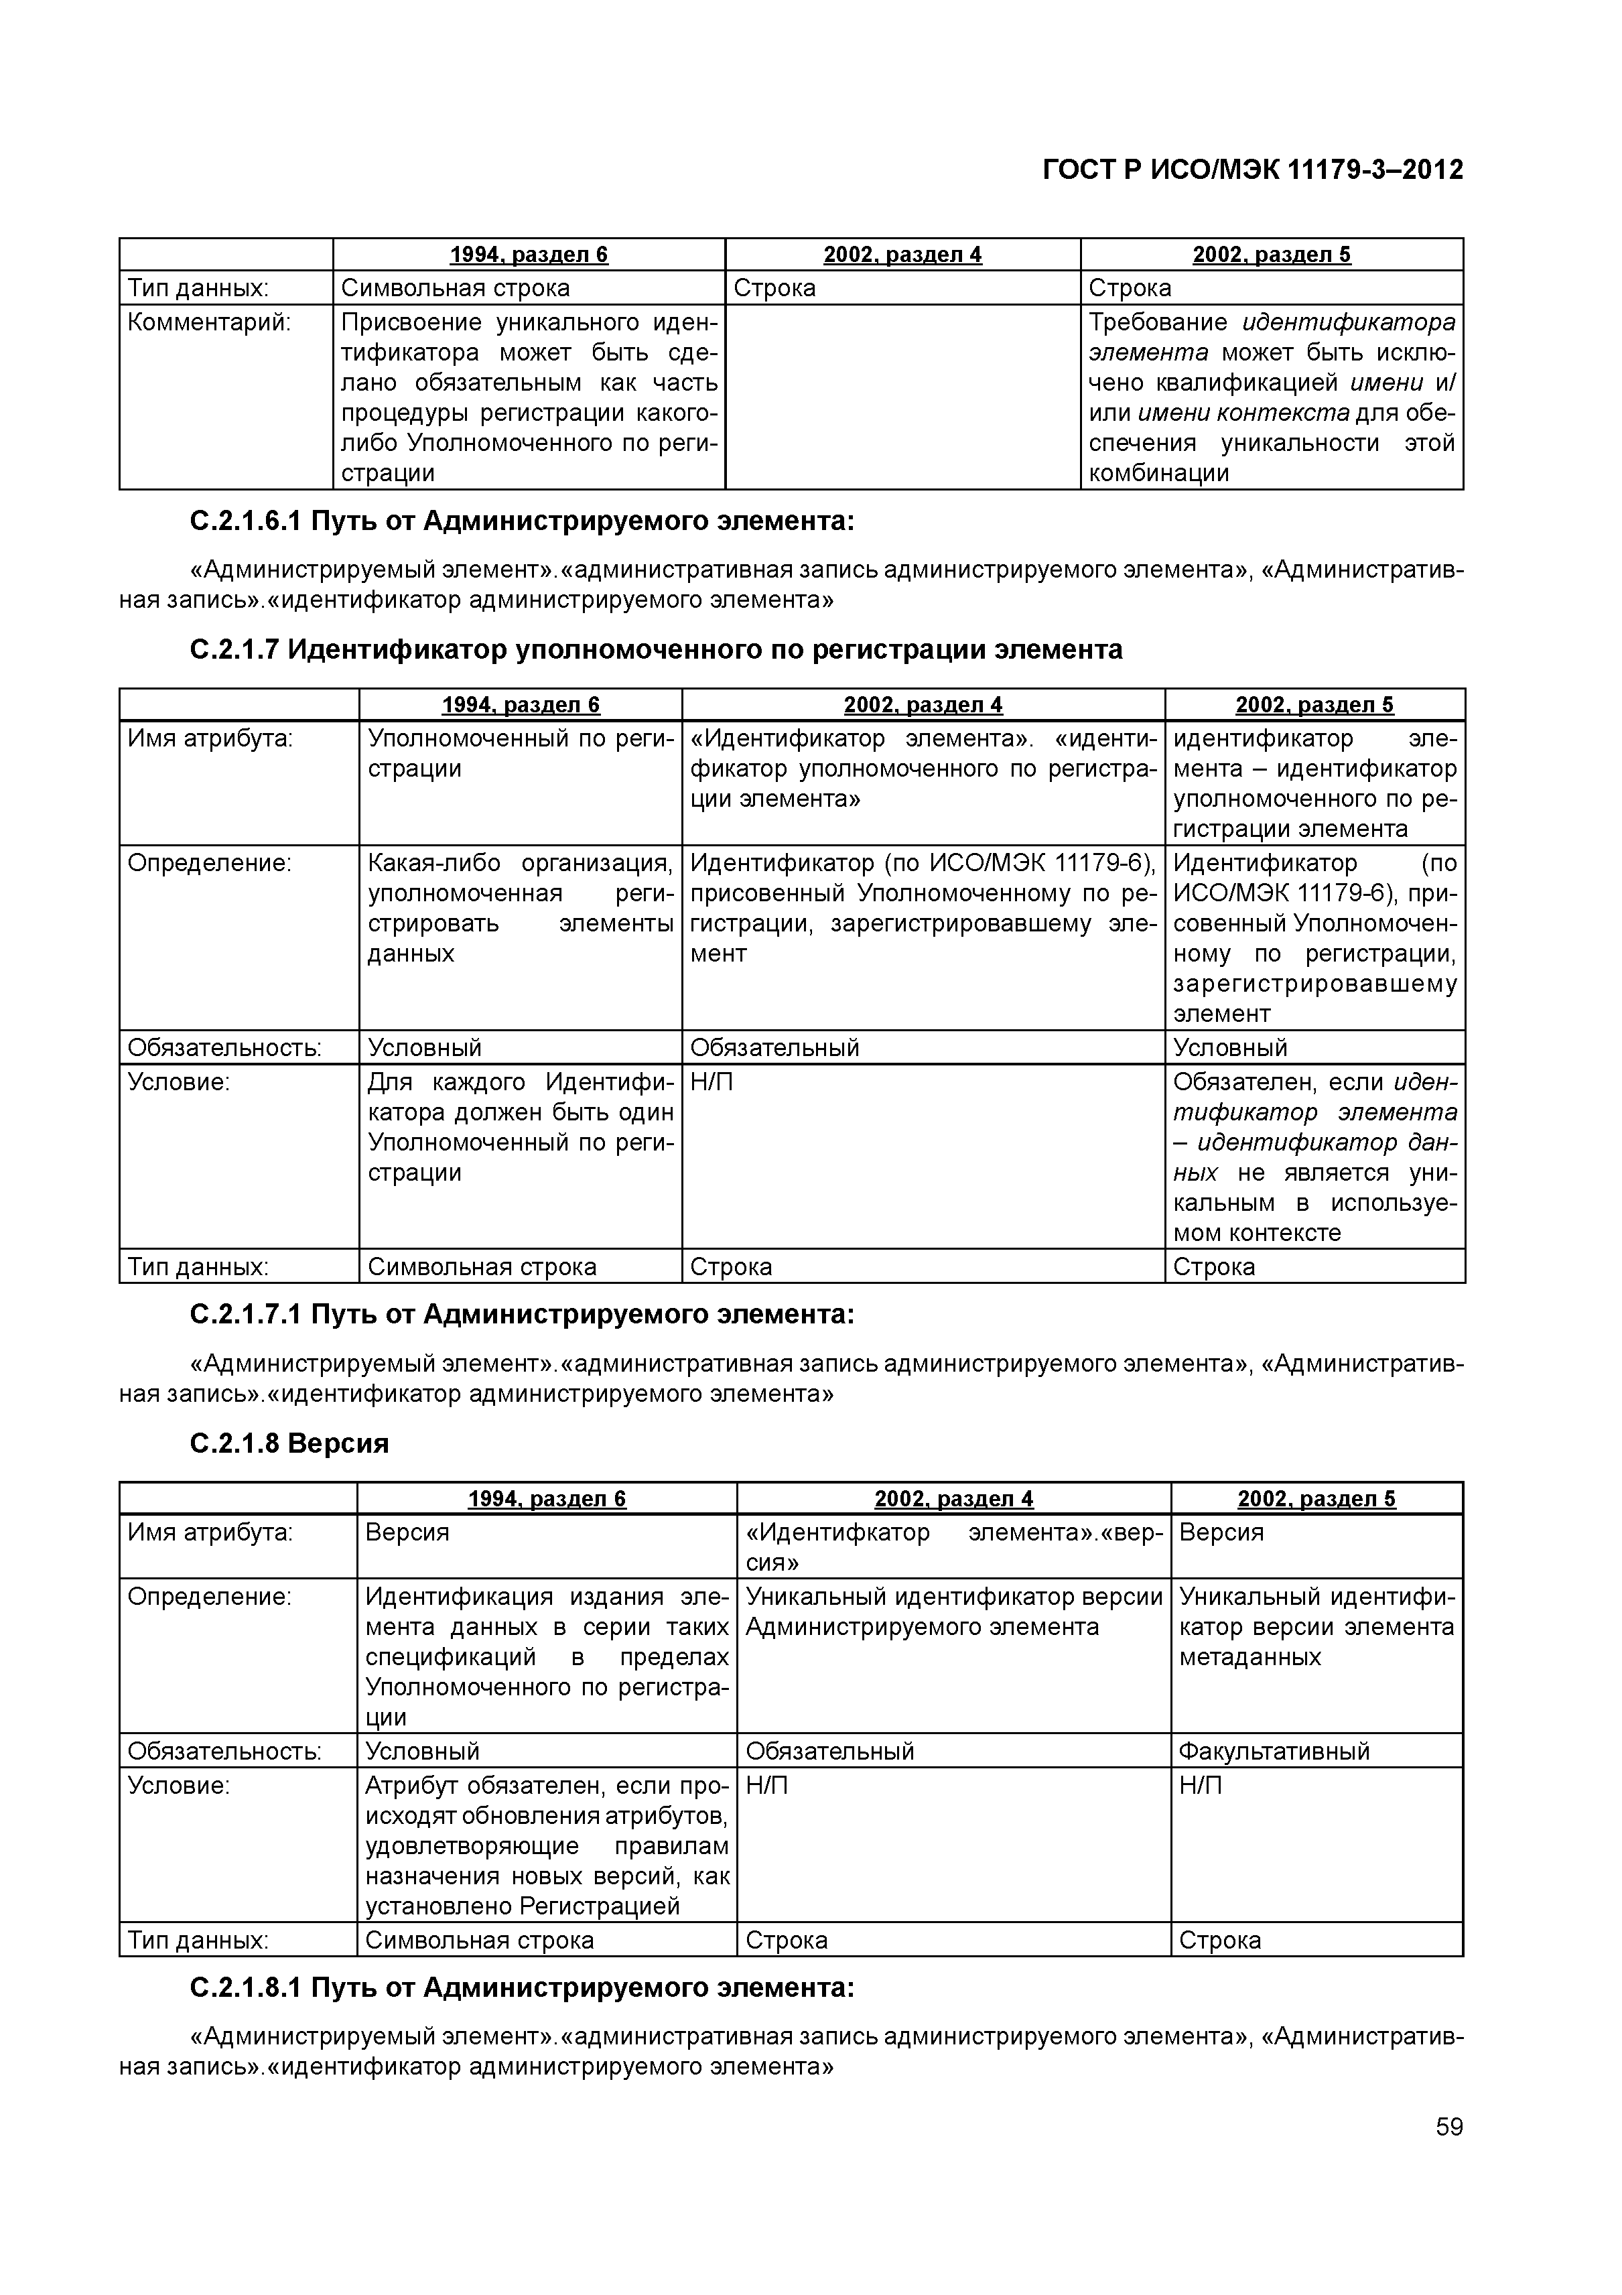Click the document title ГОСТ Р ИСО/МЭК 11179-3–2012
[x=1252, y=170]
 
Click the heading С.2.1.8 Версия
[x=289, y=1443]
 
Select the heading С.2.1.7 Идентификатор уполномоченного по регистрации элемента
[x=656, y=650]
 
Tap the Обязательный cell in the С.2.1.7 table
[x=774, y=1047]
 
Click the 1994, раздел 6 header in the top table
[x=529, y=255]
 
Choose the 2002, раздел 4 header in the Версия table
[x=953, y=1498]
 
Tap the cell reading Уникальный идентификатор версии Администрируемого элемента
[x=953, y=1612]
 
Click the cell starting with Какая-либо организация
[x=520, y=907]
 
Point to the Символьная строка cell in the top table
[x=456, y=288]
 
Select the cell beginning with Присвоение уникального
[x=529, y=397]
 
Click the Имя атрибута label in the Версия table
[x=210, y=1531]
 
